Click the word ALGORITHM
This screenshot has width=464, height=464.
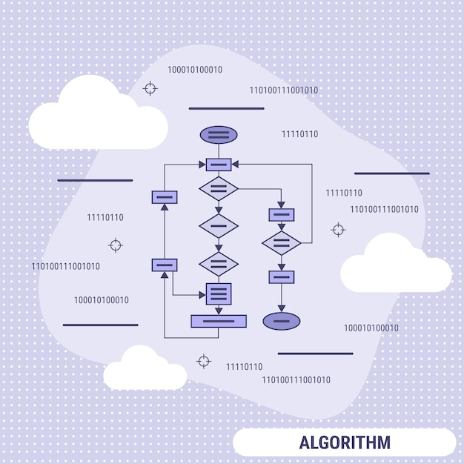(x=345, y=443)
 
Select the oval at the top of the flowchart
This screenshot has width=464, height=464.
(x=219, y=135)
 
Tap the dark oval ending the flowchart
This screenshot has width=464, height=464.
(x=282, y=321)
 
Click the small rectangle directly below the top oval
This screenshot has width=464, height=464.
(x=219, y=165)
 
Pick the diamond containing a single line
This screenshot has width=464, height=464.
(x=219, y=225)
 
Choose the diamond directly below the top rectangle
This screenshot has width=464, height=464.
(x=219, y=189)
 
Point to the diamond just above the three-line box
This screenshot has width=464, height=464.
(x=219, y=264)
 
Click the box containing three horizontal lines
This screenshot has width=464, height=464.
(x=219, y=294)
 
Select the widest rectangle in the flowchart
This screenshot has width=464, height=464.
(x=219, y=321)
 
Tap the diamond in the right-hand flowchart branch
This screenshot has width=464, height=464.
(x=282, y=242)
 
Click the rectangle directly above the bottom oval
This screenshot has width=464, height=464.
(x=282, y=277)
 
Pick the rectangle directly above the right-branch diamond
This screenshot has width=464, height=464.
(x=282, y=215)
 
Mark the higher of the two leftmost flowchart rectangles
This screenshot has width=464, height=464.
(x=165, y=197)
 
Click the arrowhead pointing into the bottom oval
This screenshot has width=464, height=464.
(x=282, y=308)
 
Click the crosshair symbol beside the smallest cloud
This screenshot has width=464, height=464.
(x=203, y=361)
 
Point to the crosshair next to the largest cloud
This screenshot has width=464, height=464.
(x=150, y=89)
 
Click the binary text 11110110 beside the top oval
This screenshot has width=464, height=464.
(x=299, y=134)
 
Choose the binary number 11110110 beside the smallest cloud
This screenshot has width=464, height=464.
(x=244, y=366)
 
